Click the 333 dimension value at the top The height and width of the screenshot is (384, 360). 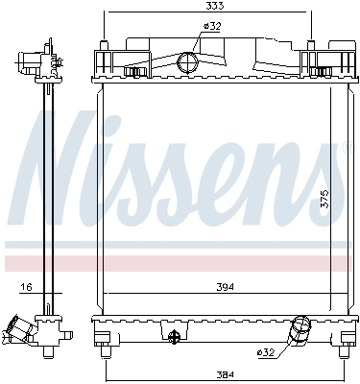207,7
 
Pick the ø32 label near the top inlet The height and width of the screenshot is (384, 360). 211,27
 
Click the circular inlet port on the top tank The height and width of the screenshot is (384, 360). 189,63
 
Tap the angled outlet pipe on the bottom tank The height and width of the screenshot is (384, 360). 299,331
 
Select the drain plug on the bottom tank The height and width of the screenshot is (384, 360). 174,337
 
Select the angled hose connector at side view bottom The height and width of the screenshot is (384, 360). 23,331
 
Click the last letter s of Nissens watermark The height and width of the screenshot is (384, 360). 331,182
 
